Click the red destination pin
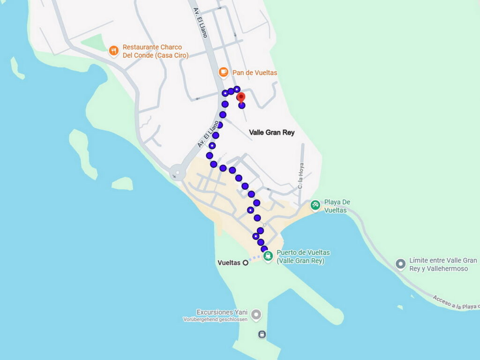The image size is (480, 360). pos(241,97)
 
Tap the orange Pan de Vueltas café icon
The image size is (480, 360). pos(224,72)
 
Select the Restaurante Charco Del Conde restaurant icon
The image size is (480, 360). pos(113,51)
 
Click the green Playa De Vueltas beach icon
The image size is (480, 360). pos(315,205)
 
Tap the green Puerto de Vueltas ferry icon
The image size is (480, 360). pos(268,256)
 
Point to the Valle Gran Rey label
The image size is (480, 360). pos(272,133)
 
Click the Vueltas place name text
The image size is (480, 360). pos(229,263)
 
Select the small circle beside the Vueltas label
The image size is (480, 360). pos(245,263)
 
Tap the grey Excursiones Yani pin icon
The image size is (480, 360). pos(256,314)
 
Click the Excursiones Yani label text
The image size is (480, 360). pos(222,312)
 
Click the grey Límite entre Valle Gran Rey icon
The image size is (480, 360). pos(400,264)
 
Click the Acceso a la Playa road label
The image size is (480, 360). pos(455,302)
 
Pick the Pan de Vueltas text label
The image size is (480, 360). pos(255,73)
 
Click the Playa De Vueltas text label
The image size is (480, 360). pos(337,206)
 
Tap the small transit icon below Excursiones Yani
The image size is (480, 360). pos(262,334)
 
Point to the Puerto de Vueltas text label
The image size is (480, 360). pos(300,257)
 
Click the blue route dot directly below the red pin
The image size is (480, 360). pos(242,105)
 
